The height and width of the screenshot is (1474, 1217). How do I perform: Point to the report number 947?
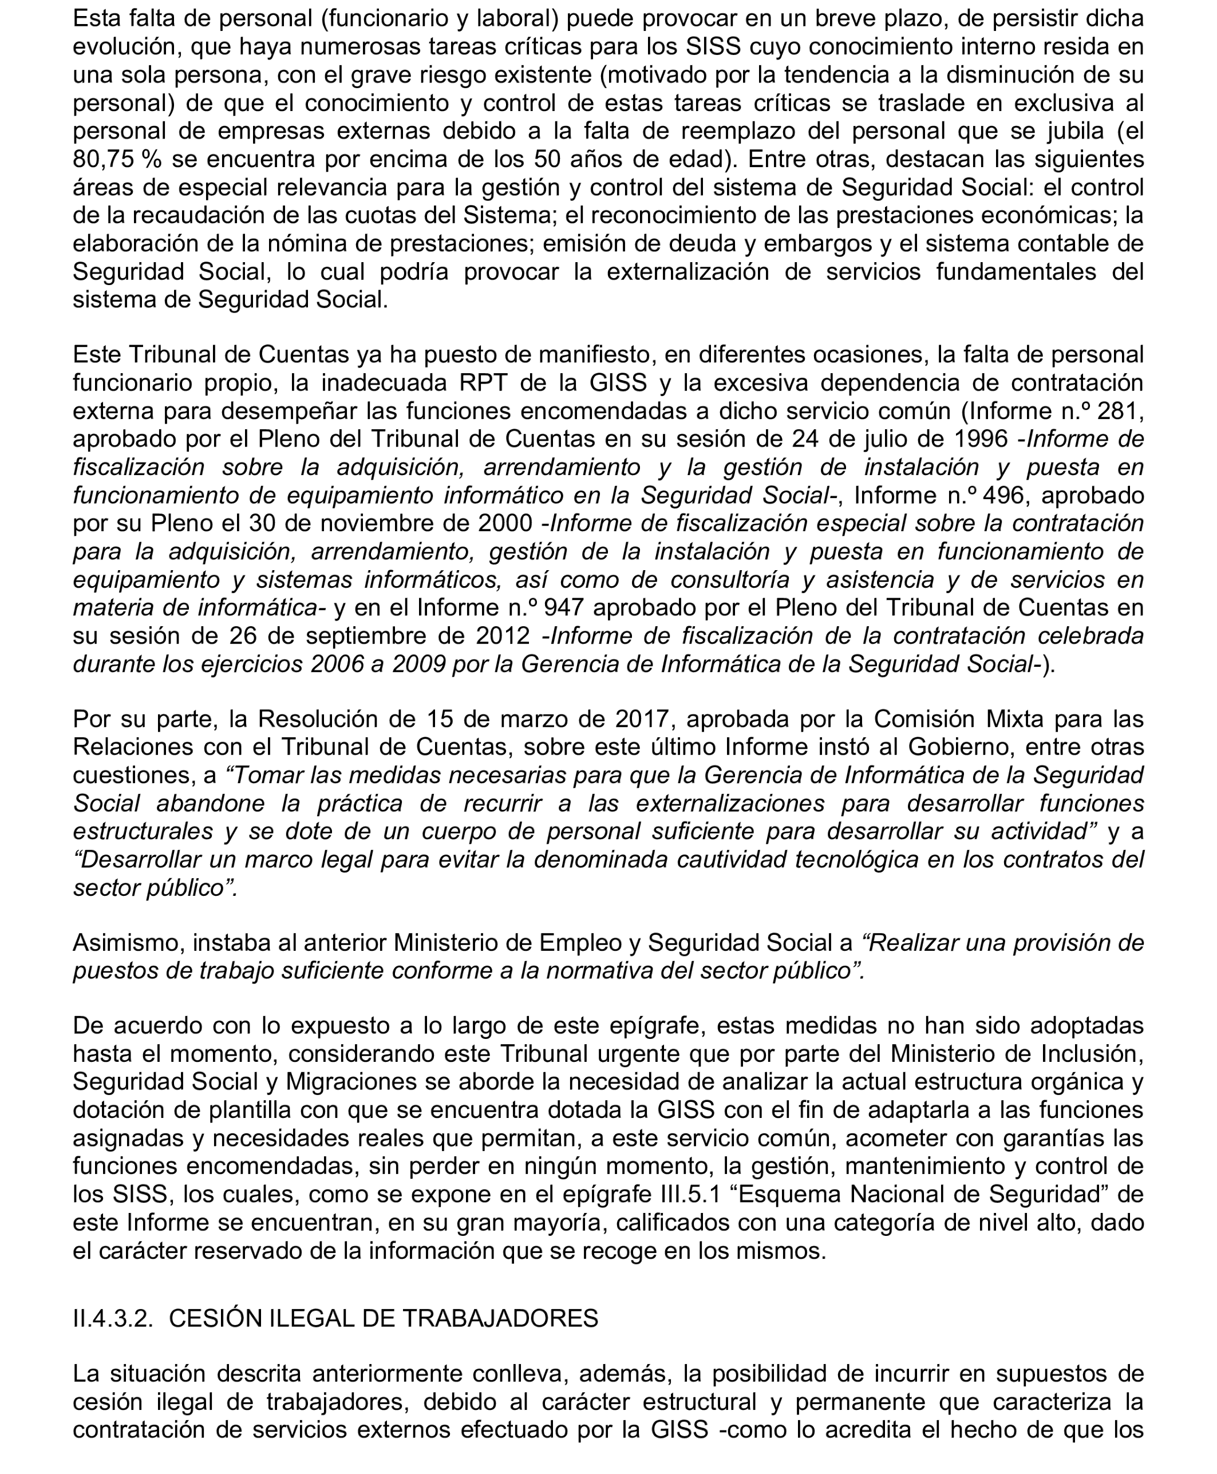566,608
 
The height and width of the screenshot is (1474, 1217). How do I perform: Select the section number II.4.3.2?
113,1318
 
